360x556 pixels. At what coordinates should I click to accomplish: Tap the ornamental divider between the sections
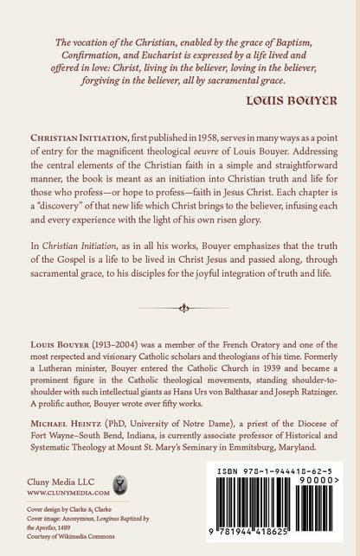[180, 307]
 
